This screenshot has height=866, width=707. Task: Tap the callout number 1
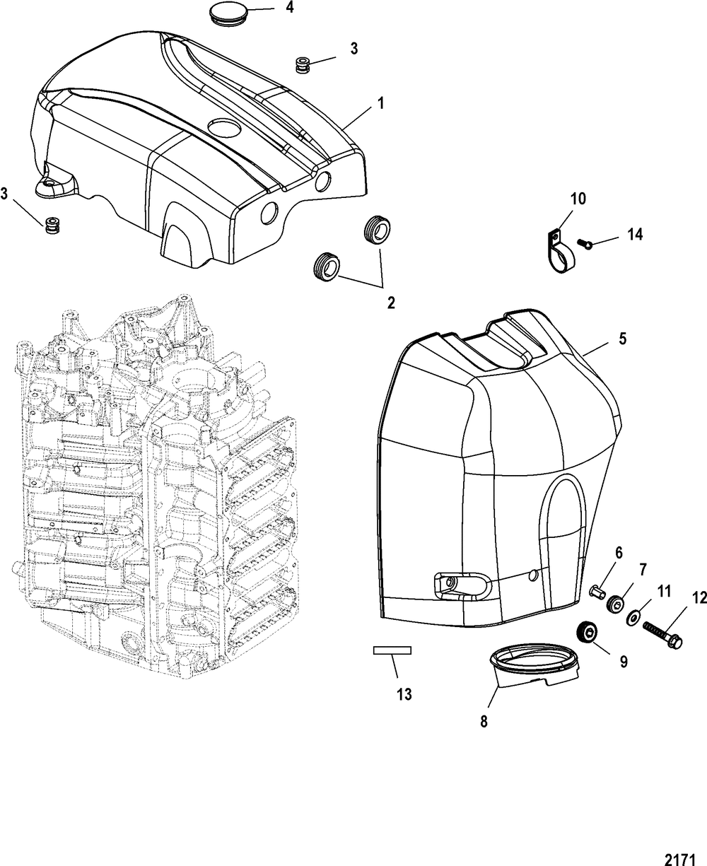[x=380, y=103]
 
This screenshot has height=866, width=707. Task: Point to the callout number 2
[x=390, y=303]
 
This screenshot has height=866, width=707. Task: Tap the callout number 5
[x=622, y=339]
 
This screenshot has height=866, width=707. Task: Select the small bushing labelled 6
[x=597, y=589]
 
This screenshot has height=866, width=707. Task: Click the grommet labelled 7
[x=617, y=603]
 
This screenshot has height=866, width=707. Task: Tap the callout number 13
[x=403, y=694]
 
